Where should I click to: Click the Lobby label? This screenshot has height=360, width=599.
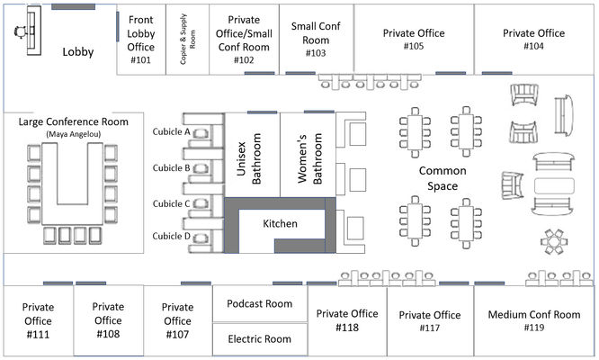pyautogui.click(x=78, y=52)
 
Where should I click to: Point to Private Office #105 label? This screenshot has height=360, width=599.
pyautogui.click(x=414, y=39)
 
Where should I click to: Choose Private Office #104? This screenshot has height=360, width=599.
pyautogui.click(x=534, y=39)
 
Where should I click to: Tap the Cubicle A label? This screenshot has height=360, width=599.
pyautogui.click(x=171, y=131)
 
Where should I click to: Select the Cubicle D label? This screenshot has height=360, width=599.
pyautogui.click(x=171, y=237)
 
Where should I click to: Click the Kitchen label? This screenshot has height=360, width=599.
pyautogui.click(x=280, y=222)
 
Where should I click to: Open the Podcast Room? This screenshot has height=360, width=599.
pyautogui.click(x=260, y=303)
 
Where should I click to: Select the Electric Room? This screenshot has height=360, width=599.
pyautogui.click(x=260, y=339)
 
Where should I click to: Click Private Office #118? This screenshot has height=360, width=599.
pyautogui.click(x=347, y=320)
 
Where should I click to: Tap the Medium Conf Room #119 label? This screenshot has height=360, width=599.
pyautogui.click(x=534, y=321)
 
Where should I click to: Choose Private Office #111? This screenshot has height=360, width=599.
pyautogui.click(x=37, y=321)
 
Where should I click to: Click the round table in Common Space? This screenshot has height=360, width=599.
pyautogui.click(x=552, y=240)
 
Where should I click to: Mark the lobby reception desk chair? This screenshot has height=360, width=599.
pyautogui.click(x=20, y=30)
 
